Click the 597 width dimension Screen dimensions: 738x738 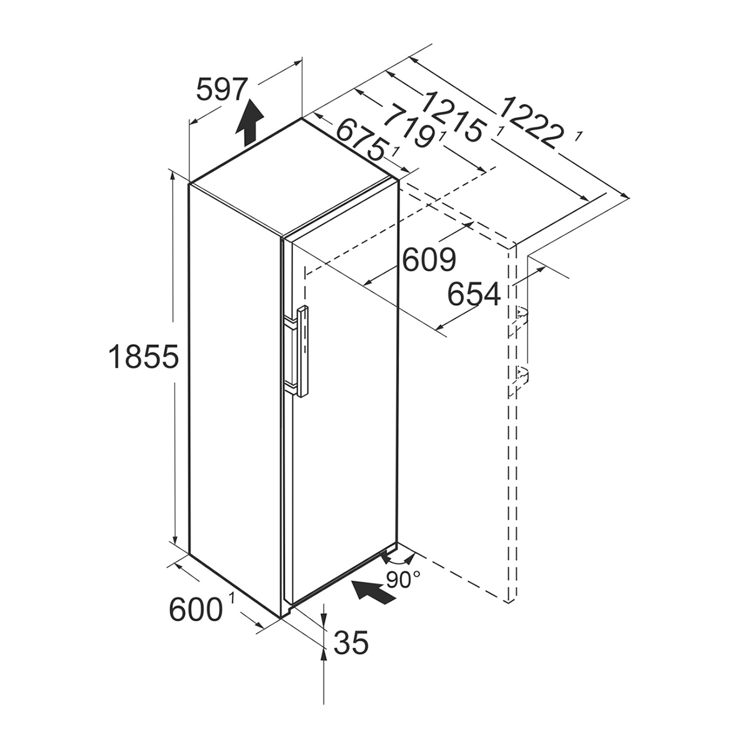click(220, 90)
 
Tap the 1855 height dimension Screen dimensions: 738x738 click(144, 356)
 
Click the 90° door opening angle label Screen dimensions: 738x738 click(403, 580)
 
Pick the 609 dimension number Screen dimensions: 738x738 click(429, 260)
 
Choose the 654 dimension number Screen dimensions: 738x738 click(474, 294)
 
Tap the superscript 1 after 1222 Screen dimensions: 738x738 click(579, 137)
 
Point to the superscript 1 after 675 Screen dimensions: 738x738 click(395, 152)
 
